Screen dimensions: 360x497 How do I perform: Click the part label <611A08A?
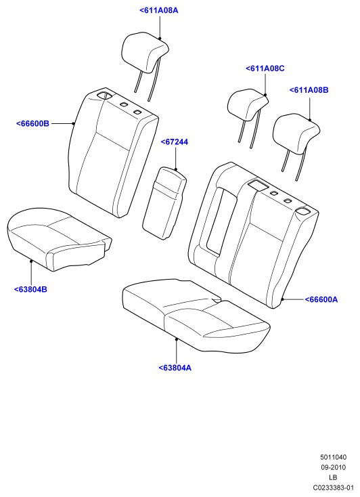[159, 10]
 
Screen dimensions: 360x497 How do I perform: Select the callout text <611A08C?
[265, 68]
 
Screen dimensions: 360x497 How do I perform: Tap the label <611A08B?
[309, 90]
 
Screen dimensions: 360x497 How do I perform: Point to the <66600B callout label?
[32, 124]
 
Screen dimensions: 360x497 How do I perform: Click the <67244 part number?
[175, 142]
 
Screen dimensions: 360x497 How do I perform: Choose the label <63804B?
[30, 289]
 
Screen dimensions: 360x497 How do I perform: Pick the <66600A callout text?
[321, 299]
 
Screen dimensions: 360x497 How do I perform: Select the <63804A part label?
[175, 368]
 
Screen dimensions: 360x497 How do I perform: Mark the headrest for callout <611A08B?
[295, 133]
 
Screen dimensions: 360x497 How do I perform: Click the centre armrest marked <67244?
[164, 203]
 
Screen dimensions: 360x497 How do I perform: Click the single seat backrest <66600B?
[112, 152]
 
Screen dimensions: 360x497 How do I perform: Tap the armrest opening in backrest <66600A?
[220, 220]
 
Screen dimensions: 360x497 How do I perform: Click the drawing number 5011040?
[333, 457]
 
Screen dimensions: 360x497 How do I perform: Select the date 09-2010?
[333, 467]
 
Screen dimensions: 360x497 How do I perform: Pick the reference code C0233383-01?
[333, 488]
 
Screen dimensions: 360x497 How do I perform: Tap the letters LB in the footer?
[333, 477]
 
